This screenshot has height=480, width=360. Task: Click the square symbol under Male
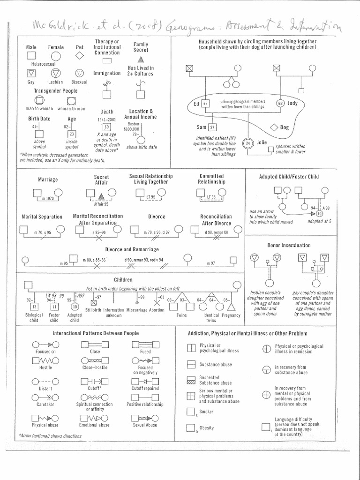coord(31,56)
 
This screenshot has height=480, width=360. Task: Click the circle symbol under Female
coord(56,56)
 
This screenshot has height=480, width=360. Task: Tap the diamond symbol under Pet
coord(80,56)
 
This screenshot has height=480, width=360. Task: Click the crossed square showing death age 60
coord(107,127)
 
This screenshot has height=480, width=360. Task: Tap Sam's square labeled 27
coord(213,127)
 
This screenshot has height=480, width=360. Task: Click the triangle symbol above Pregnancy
coord(231,307)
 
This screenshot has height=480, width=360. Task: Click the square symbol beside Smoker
coord(190,412)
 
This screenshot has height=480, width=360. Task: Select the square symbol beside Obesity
coord(190,427)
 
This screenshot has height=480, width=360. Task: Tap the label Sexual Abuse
coord(145,425)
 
